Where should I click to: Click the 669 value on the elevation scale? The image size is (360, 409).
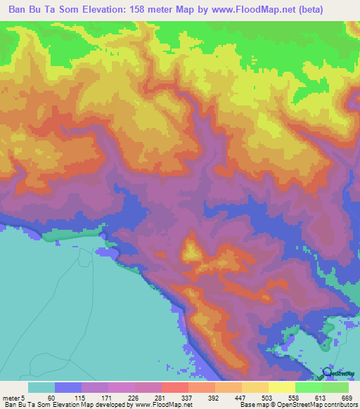[x=346, y=397]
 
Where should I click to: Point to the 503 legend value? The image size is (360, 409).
[x=266, y=397]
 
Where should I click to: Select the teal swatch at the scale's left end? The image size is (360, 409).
[x=41, y=387]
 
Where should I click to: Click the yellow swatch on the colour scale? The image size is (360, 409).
[x=282, y=387]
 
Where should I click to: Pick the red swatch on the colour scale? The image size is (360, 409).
[x=174, y=387]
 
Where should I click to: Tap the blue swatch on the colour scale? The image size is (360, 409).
[x=68, y=387]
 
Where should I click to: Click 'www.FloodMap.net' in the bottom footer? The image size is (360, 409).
[x=153, y=405]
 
